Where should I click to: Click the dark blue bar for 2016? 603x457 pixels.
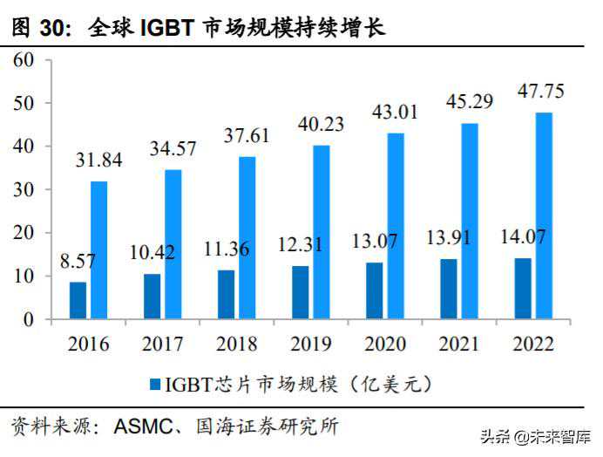point(78,300)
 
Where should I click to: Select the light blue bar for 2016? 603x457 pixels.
point(98,250)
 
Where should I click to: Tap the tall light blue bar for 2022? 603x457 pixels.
point(543,215)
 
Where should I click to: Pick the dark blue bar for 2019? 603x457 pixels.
point(301,292)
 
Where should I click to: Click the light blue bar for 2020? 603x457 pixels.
point(395,226)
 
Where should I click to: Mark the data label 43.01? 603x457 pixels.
point(395,112)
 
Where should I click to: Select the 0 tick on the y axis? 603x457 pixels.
point(28,319)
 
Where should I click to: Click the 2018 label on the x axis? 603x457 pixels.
point(236,344)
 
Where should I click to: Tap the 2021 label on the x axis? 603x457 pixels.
point(458,344)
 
